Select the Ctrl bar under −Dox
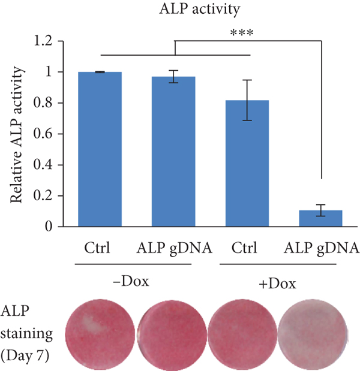pos(100,149)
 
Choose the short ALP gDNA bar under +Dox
pos(320,218)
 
